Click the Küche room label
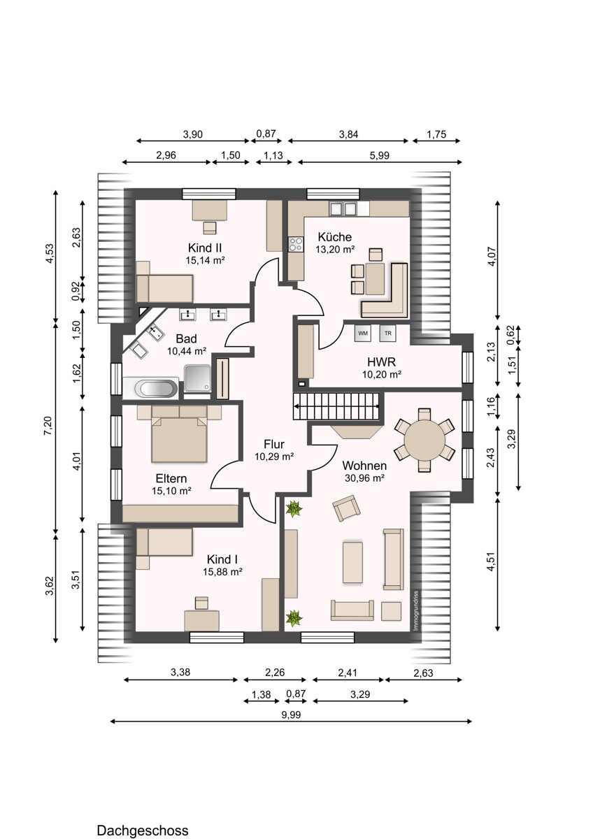334,236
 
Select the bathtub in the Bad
151,387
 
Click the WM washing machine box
363,333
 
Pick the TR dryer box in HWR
387,333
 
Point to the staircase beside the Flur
336,407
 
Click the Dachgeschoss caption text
143,831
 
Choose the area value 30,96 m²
364,478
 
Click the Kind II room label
205,248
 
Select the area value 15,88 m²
223,572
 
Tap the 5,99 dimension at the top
380,156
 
